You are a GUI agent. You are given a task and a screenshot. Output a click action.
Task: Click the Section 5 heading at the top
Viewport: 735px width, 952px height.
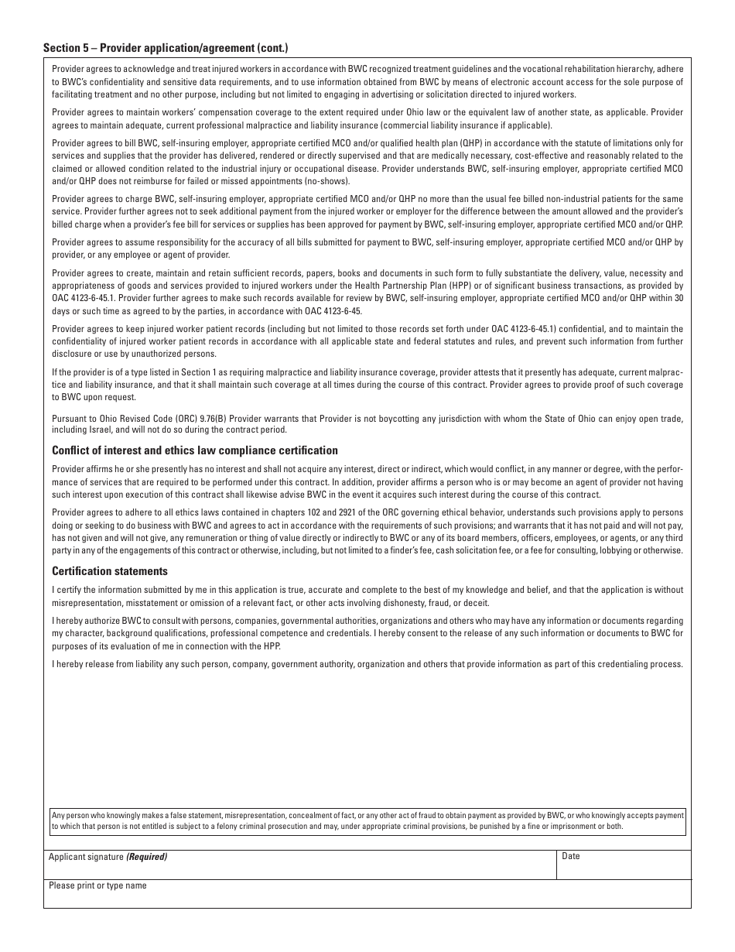(166, 48)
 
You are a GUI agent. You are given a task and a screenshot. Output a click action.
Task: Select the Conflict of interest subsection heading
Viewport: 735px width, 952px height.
(195, 450)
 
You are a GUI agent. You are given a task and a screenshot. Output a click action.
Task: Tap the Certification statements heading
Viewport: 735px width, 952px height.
(110, 571)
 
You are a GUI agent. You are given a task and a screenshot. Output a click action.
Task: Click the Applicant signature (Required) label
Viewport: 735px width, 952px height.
(108, 857)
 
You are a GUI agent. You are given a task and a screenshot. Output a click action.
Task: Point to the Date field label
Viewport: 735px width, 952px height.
(571, 856)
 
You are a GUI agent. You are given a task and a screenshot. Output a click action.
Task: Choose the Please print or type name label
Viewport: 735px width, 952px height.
(97, 885)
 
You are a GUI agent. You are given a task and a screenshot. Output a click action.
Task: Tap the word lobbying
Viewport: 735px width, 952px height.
(626, 550)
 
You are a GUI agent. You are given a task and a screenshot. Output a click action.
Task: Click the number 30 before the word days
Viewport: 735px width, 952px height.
(679, 298)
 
